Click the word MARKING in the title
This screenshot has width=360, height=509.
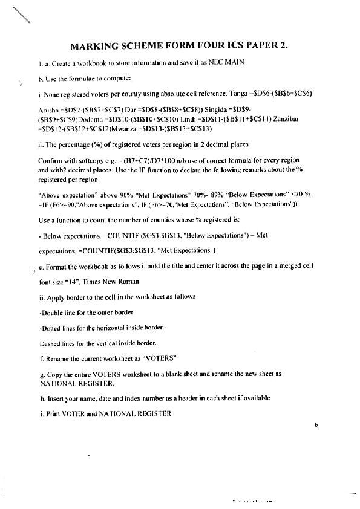pos(94,46)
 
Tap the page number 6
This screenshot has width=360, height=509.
pos(316,425)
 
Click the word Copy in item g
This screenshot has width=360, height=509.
pos(56,374)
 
